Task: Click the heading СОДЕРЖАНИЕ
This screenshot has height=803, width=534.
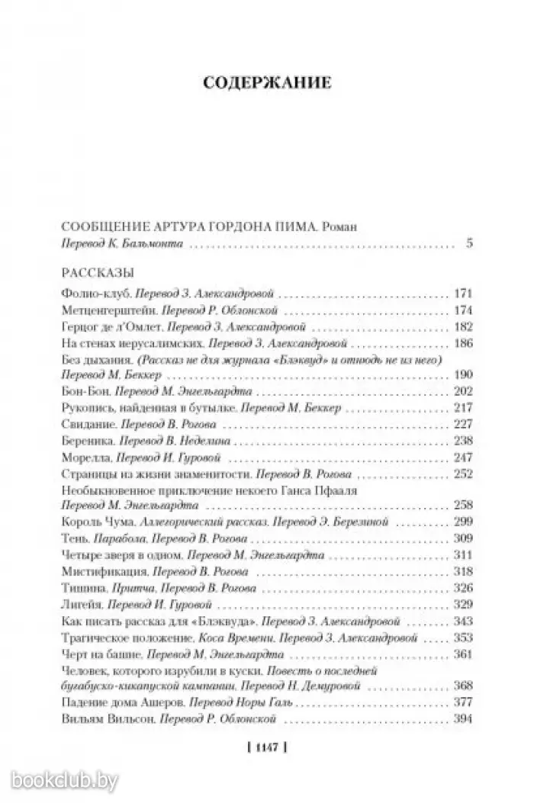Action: tap(267, 82)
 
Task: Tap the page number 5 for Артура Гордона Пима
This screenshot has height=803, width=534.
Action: tap(468, 245)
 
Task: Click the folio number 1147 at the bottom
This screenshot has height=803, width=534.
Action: tap(267, 748)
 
